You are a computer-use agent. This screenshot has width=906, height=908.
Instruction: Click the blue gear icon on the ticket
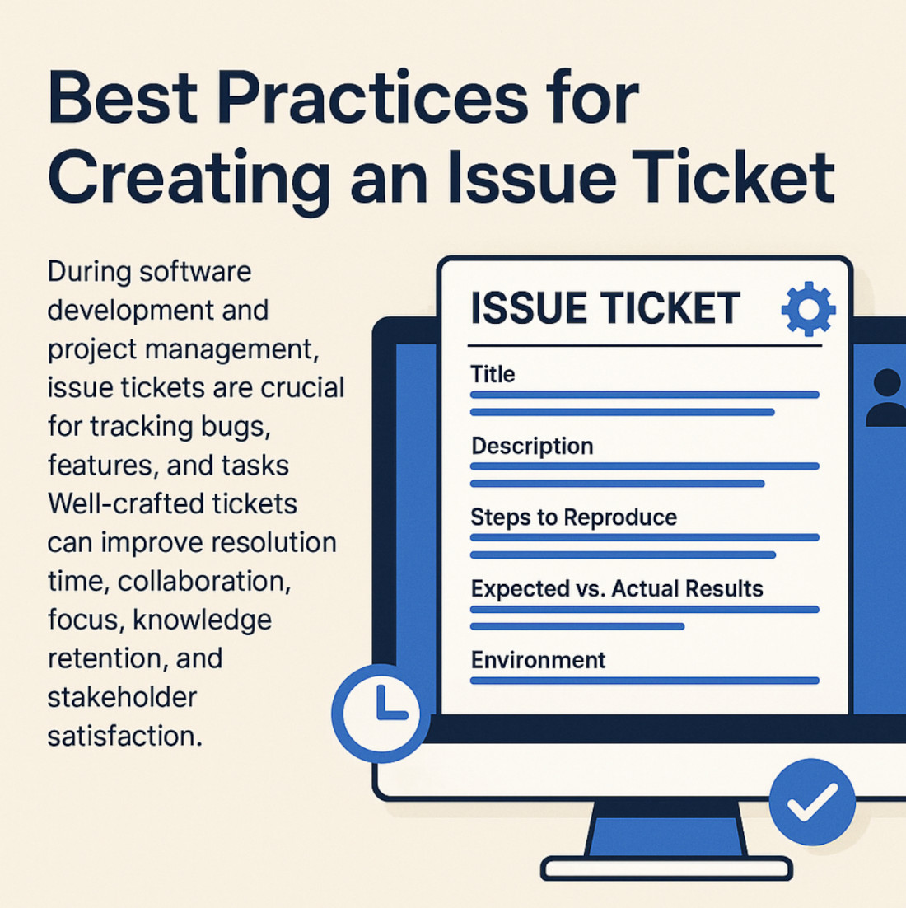[x=808, y=309]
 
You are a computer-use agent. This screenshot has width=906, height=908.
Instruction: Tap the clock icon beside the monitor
[x=381, y=713]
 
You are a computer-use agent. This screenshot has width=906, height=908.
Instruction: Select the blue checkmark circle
[x=812, y=802]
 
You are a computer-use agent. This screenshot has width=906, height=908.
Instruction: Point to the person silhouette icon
[x=885, y=399]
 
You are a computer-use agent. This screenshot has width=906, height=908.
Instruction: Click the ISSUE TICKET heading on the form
[x=605, y=308]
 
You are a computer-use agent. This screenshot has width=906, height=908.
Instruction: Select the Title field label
[x=492, y=374]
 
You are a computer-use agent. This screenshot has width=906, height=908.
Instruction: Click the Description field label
[x=532, y=447]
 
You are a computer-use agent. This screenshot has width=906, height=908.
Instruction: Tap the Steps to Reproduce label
[x=574, y=517]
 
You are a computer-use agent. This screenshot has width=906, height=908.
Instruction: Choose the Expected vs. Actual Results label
[x=617, y=589]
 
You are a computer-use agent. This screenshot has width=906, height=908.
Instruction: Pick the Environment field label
[x=539, y=660]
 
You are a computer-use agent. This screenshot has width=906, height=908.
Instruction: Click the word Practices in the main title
[x=373, y=97]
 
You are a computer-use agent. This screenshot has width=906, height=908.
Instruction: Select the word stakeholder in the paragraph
[x=122, y=697]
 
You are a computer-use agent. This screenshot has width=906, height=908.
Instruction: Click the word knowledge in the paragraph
[x=202, y=620]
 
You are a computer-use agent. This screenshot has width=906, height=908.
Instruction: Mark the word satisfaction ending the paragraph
[x=125, y=736]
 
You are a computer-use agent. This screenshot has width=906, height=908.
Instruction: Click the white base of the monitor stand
[x=666, y=868]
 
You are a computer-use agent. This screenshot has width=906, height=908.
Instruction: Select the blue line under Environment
[x=645, y=681]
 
